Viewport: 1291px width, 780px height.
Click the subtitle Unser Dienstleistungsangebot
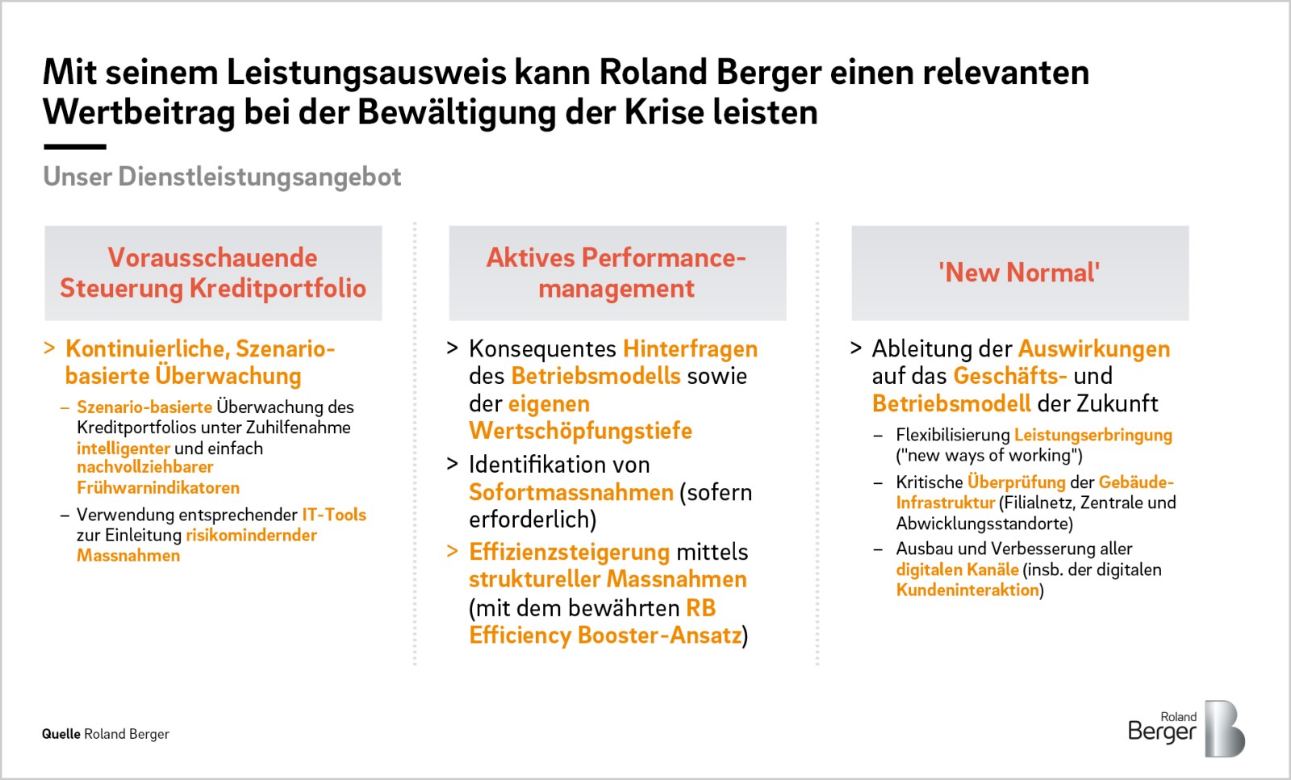(222, 177)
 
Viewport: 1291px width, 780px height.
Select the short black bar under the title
(75, 147)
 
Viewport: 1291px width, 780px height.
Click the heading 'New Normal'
(1019, 273)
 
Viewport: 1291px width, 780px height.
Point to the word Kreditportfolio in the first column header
(278, 288)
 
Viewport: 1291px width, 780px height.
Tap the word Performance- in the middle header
(663, 258)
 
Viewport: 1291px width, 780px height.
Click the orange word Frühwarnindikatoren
(158, 488)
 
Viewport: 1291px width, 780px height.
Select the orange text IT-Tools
(334, 514)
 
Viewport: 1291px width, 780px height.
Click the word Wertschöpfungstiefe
(580, 431)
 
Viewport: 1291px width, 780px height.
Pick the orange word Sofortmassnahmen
(571, 493)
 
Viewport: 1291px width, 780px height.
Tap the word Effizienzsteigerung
(570, 553)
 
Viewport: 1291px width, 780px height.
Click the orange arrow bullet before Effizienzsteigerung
(453, 551)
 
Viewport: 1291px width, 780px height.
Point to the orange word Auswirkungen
(1094, 349)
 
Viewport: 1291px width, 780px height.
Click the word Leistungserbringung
(1093, 436)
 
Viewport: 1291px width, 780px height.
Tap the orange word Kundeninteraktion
(967, 590)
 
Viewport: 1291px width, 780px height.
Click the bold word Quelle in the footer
(61, 734)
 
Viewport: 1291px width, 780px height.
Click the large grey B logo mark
(1224, 728)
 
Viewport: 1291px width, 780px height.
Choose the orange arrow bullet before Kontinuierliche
(49, 348)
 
